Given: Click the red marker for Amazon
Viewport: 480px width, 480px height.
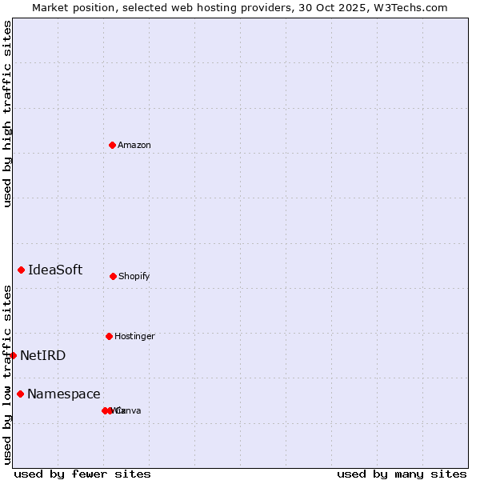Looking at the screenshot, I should tap(112, 145).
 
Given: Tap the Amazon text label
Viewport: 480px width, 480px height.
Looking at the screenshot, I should tap(134, 146).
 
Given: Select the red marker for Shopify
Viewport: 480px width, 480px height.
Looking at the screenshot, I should tap(113, 276).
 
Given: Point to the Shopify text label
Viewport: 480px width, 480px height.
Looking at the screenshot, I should tap(134, 277).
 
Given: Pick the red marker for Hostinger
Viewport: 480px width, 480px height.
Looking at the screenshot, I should tap(109, 336).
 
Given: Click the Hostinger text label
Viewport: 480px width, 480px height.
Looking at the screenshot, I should tap(134, 337).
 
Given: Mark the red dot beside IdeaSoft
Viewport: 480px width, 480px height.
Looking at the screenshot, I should tap(21, 270).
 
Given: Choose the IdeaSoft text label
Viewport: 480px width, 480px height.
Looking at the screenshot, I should tap(55, 270).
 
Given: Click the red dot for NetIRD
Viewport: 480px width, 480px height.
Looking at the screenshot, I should tap(13, 355).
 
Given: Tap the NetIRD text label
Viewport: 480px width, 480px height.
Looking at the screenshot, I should tap(43, 356).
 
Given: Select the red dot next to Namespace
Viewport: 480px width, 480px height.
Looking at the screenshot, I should tap(20, 394).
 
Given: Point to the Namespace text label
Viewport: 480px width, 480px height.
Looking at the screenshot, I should tap(64, 394).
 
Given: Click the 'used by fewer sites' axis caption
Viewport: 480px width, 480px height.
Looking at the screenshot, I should tap(82, 474).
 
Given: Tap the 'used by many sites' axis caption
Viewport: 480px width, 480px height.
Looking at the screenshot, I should tap(402, 474).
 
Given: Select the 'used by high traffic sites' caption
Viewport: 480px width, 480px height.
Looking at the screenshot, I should tap(7, 114).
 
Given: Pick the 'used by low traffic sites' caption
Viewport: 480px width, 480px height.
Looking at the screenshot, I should tap(7, 374).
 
